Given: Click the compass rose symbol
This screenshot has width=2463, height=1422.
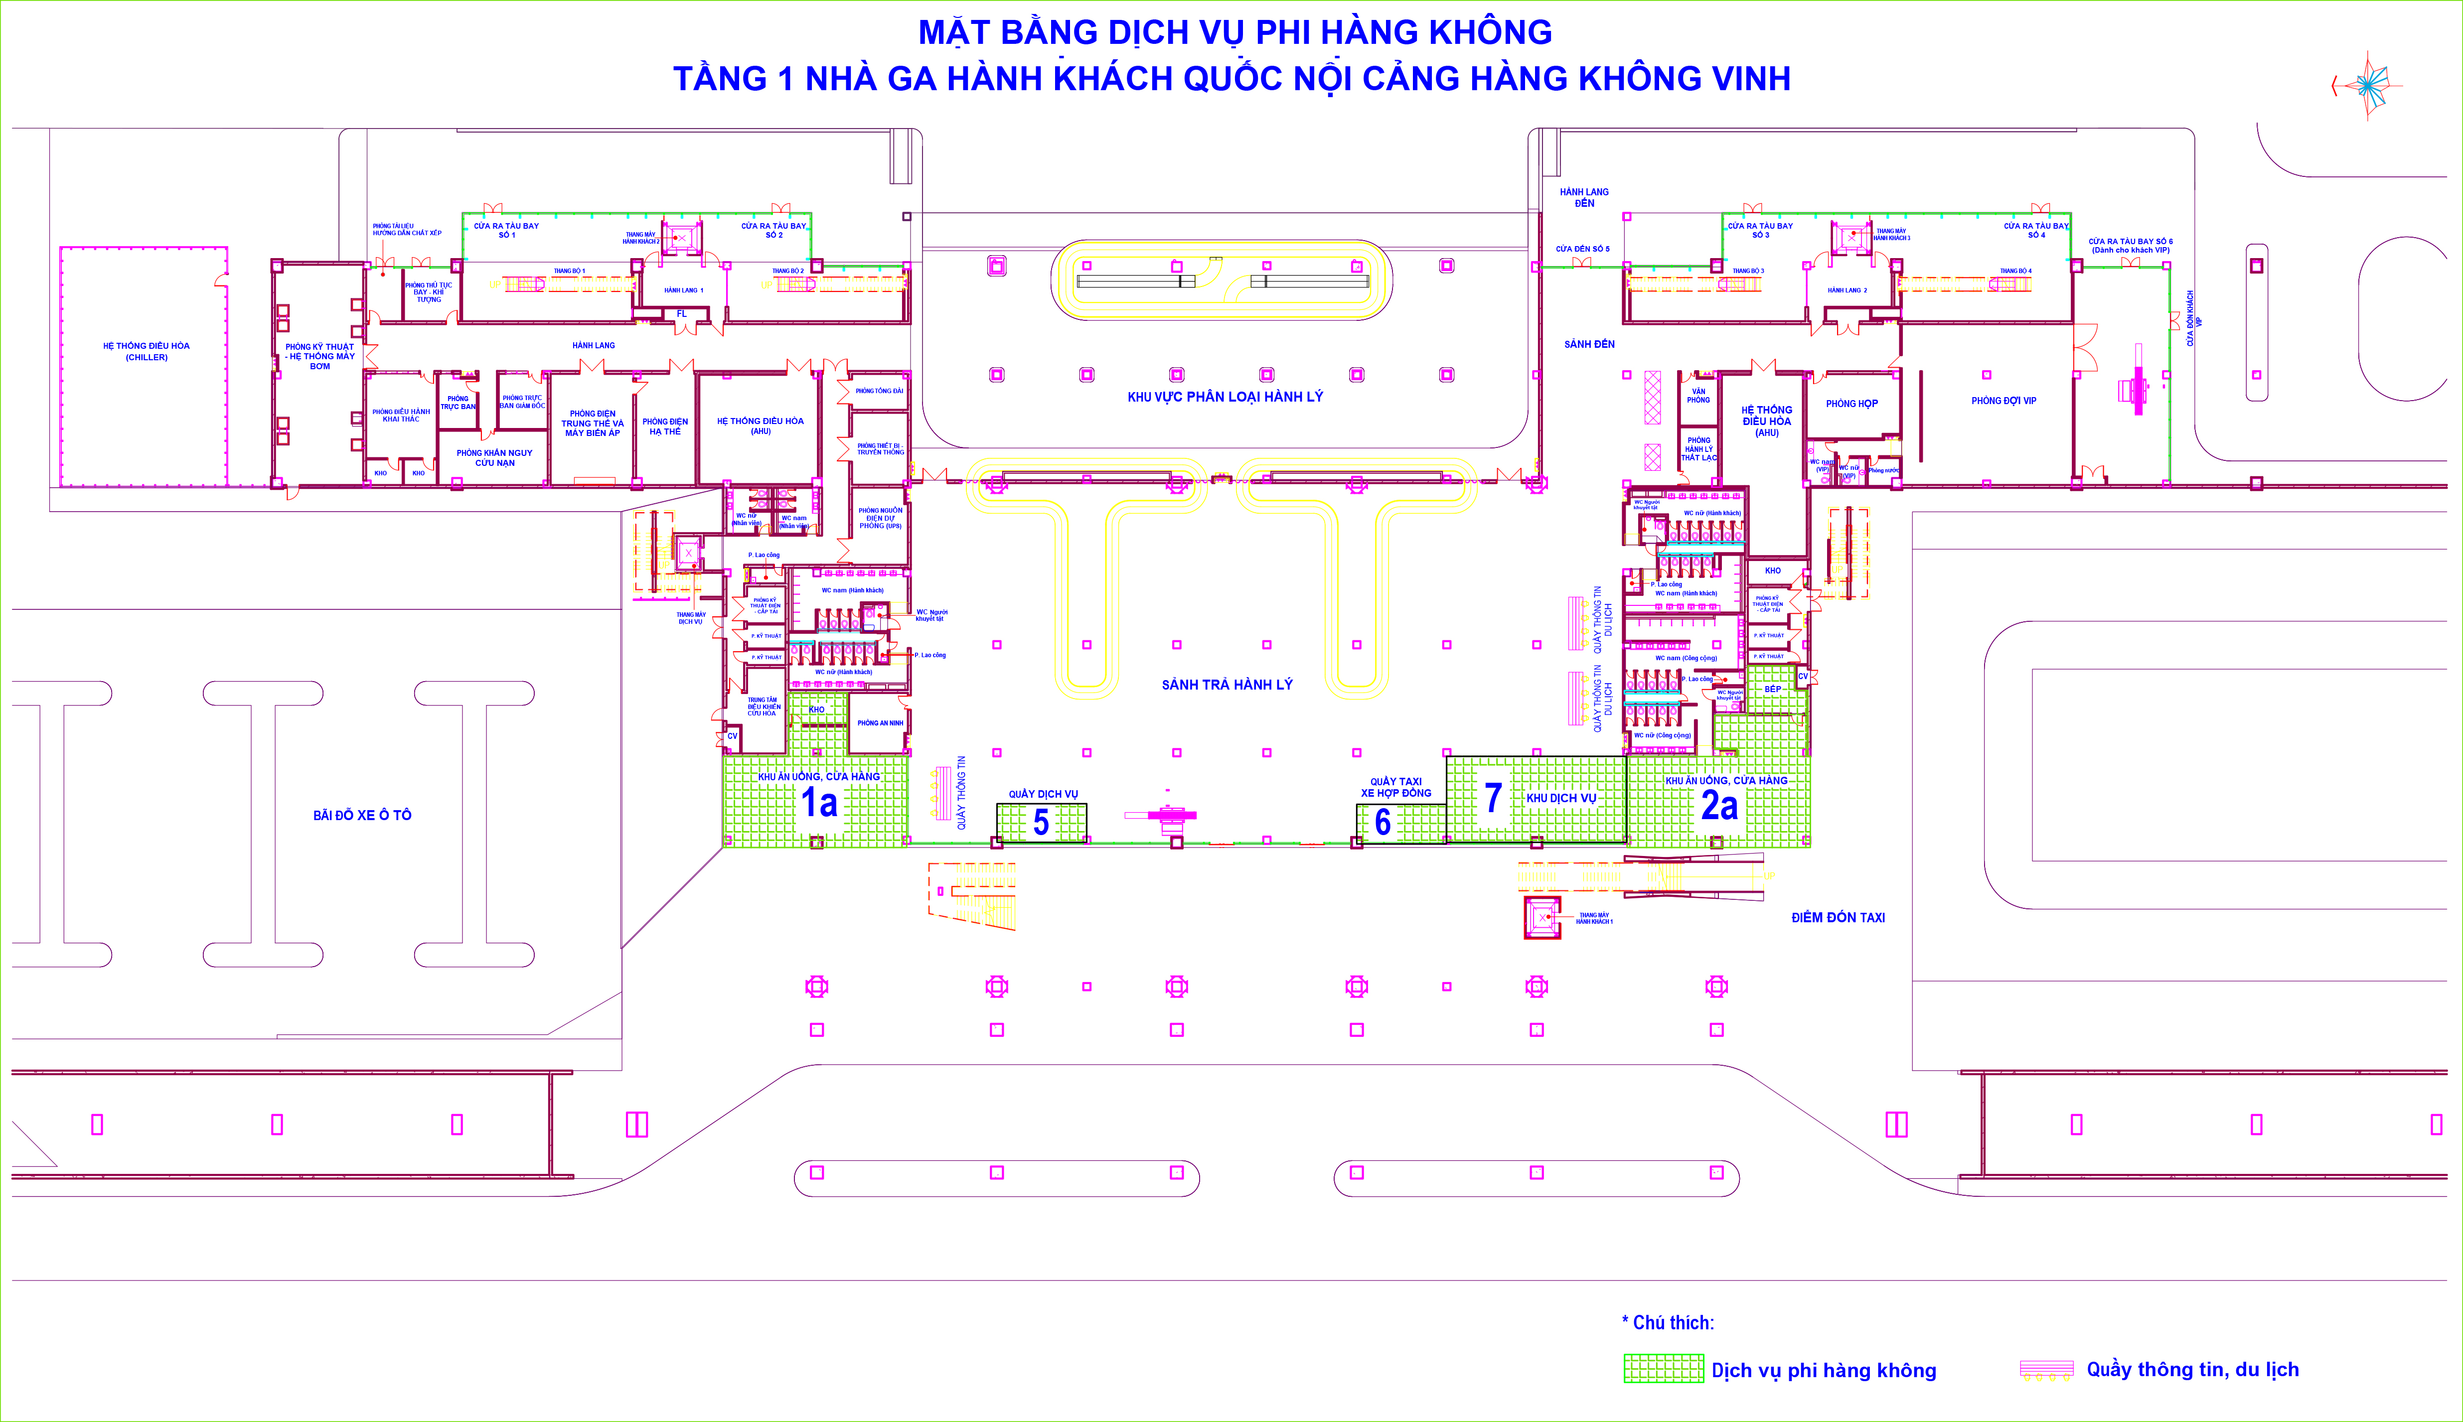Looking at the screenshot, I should point(2367,86).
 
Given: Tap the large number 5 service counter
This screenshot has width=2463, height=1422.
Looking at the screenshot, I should point(1041,822).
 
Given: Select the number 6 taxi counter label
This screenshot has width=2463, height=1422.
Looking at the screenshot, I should point(1382,822).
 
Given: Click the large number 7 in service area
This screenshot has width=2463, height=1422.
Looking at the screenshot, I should point(1492,798).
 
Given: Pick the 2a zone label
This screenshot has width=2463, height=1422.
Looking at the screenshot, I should point(1719,806).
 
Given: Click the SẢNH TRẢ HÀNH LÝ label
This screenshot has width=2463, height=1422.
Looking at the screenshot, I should point(1227,685).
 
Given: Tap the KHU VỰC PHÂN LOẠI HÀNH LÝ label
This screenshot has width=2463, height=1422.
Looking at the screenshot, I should point(1225,397).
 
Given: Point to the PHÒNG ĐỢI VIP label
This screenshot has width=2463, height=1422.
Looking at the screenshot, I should point(2003,401).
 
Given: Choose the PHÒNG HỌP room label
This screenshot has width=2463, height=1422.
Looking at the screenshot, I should point(1851,404).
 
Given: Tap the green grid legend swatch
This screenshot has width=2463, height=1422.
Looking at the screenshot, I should point(1663,1368).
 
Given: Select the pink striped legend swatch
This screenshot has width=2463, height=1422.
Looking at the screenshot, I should point(2046,1368).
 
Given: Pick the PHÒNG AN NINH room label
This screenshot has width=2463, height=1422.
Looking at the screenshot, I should point(880,723).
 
